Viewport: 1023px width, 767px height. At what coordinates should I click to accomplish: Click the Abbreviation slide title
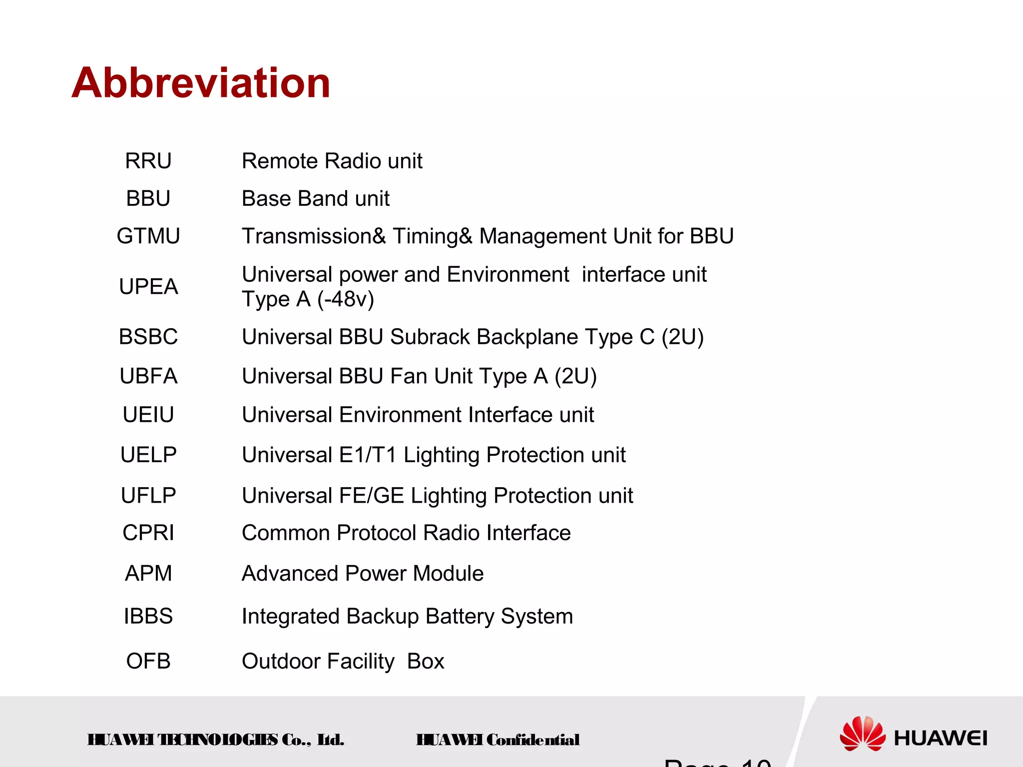coord(201,83)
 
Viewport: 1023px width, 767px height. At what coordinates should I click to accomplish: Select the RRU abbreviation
coord(148,161)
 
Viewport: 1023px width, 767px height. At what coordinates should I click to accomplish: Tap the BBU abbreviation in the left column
coord(148,198)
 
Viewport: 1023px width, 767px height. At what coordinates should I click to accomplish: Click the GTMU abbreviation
coord(148,236)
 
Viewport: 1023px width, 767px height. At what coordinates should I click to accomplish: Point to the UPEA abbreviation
coord(148,287)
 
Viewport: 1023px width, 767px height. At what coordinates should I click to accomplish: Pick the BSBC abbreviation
coord(148,337)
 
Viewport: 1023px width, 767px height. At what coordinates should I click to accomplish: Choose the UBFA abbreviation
coord(148,376)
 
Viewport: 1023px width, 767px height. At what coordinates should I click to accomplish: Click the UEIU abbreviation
coord(148,415)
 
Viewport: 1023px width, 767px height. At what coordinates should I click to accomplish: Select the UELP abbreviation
coord(148,455)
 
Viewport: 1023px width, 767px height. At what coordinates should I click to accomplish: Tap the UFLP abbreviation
coord(148,496)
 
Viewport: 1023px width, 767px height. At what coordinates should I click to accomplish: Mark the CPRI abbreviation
coord(148,533)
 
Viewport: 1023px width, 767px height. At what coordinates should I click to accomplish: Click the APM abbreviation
coord(148,573)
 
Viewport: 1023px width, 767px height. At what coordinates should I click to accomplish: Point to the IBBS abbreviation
coord(148,616)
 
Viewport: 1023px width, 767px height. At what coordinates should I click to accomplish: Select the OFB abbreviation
coord(148,661)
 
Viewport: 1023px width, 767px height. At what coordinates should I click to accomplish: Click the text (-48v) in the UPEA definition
coord(346,299)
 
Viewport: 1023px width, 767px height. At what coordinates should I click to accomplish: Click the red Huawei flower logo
coord(862,734)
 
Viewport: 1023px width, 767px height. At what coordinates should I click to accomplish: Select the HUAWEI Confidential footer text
coord(498,740)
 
